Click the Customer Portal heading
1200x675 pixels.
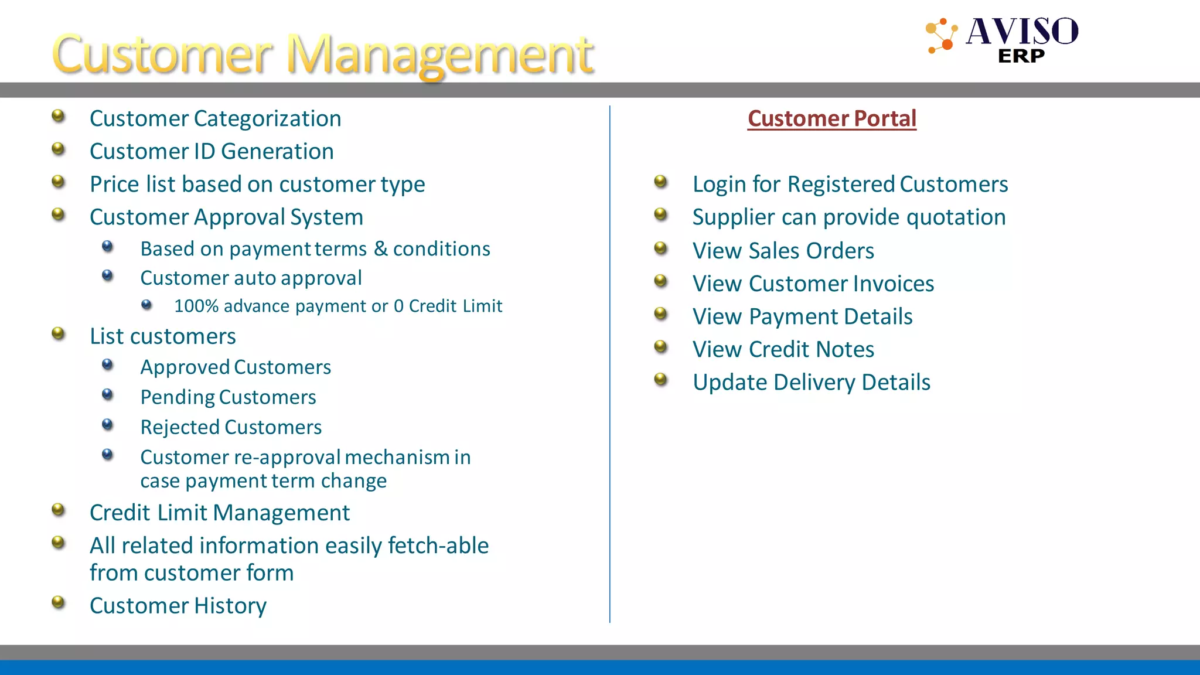(831, 118)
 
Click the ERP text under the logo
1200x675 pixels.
(1021, 56)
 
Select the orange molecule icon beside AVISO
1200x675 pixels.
(942, 36)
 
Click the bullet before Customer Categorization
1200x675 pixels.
(58, 116)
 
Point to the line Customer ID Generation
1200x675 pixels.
(212, 151)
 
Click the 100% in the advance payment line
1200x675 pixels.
(196, 306)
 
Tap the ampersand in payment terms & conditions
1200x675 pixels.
(381, 248)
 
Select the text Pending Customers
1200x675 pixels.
(228, 397)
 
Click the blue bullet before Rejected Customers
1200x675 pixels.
(107, 424)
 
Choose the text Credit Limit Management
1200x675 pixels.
(219, 513)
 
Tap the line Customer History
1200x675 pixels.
(178, 605)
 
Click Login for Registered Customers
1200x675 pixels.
(850, 184)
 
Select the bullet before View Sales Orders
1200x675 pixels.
(660, 248)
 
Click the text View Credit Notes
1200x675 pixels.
(783, 349)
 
